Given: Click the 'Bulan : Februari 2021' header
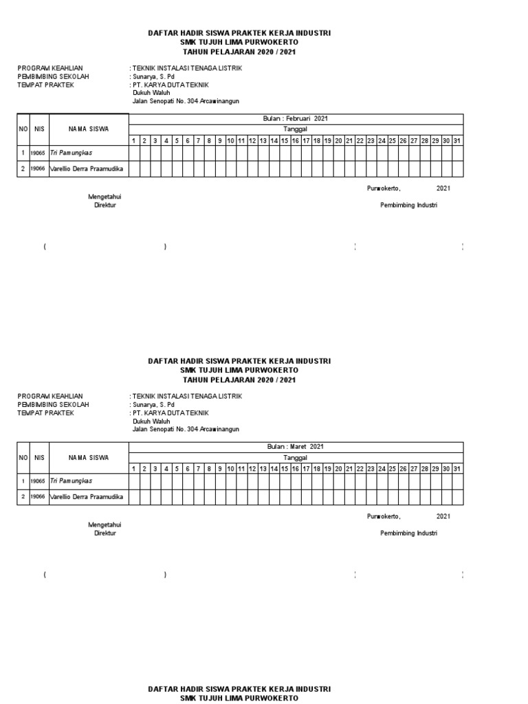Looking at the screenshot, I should point(296,119).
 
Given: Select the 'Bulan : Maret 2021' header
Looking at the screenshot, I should point(296,447).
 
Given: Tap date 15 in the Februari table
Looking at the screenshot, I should point(284,141).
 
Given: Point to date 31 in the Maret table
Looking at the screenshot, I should point(457,469).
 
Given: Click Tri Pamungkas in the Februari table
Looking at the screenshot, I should point(71,153).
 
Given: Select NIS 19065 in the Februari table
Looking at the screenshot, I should point(38,153).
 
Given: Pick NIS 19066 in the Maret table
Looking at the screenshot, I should point(38,496).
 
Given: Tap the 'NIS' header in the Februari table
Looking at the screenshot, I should point(39,129).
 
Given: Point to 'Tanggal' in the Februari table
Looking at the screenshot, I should point(296,129).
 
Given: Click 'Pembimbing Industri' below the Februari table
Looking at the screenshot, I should point(409,205).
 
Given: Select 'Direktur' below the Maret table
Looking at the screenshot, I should point(105,533).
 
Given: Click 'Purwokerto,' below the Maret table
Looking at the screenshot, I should point(384,516).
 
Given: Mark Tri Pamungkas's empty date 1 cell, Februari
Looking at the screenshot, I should point(135,153).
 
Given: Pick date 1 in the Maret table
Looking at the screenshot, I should point(135,469).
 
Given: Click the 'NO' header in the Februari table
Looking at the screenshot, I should point(23,129).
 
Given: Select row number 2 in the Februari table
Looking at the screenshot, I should point(23,168).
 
